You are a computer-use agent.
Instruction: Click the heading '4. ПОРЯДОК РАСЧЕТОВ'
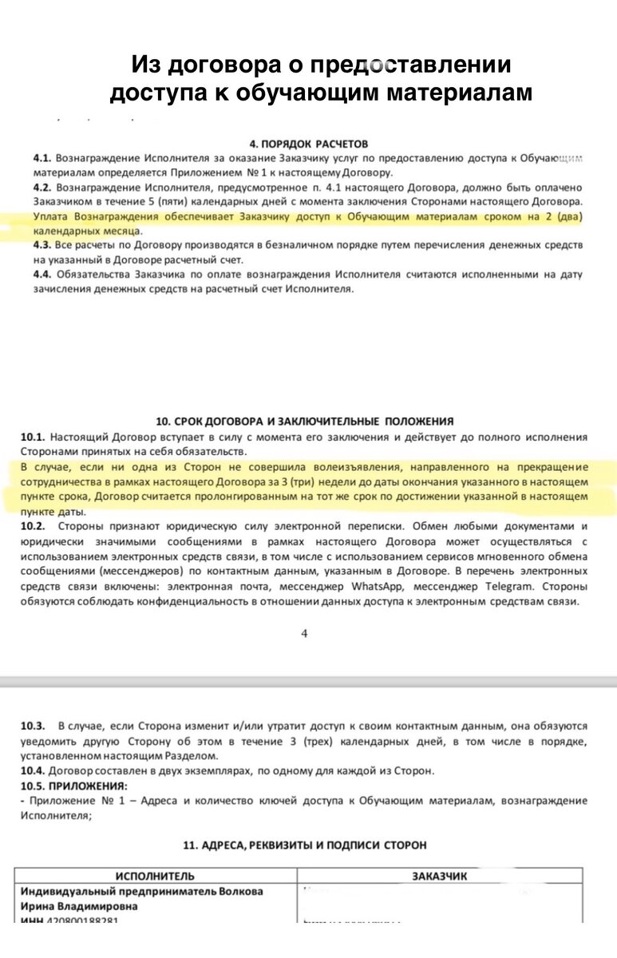pos(309,144)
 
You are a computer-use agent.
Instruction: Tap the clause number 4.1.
pos(42,159)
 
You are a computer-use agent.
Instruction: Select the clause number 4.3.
pos(42,245)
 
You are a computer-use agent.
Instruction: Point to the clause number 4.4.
pos(42,275)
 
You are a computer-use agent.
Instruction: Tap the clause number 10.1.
pos(34,437)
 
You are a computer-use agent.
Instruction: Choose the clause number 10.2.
pos(34,527)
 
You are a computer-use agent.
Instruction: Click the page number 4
pos(304,633)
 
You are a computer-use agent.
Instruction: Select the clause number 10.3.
pos(34,726)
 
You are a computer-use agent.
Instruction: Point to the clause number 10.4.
pos(34,770)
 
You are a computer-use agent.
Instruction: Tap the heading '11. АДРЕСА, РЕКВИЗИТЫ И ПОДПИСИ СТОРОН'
pos(306,845)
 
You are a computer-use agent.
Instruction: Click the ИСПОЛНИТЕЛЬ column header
pos(155,876)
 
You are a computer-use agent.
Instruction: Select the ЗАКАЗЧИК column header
pos(440,876)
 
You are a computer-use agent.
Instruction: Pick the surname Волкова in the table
pos(240,892)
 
